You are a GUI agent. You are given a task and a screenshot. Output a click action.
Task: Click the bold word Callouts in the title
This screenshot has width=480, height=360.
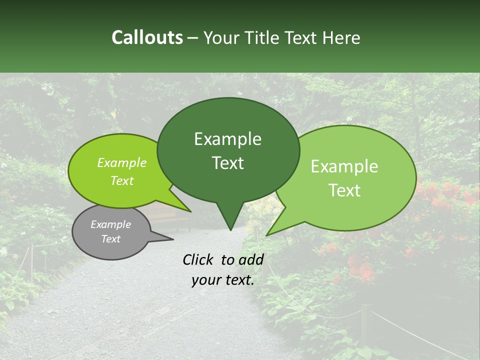tap(147, 37)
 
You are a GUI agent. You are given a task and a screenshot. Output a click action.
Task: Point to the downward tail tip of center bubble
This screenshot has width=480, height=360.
tap(230, 229)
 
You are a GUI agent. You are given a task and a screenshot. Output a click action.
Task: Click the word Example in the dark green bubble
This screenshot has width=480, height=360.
tap(227, 139)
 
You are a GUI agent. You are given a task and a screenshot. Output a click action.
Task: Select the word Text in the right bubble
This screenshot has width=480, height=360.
tap(344, 190)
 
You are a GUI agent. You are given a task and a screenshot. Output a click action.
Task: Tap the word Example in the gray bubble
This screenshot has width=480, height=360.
tap(111, 224)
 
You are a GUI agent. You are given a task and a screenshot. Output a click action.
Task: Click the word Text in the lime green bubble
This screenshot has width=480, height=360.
tap(122, 181)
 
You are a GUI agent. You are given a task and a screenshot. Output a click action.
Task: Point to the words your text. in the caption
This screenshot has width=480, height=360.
tap(223, 280)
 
